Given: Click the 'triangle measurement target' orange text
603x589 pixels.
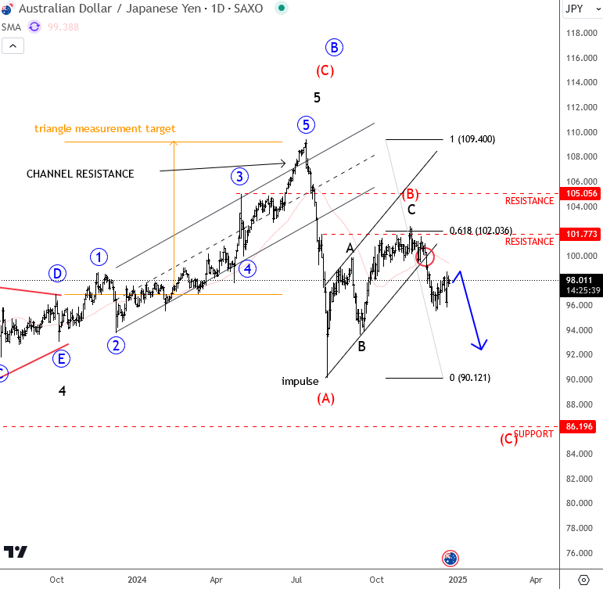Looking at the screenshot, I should click(105, 128).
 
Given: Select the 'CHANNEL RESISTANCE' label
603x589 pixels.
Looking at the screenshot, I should click(80, 174).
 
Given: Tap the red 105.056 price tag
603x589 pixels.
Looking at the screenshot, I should click(580, 193).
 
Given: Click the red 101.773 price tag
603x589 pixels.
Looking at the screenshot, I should click(580, 234).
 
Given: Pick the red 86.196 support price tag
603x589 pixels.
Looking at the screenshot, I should click(580, 427).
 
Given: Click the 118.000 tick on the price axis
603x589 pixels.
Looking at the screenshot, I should click(582, 34).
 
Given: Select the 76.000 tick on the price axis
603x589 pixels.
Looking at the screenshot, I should click(582, 553).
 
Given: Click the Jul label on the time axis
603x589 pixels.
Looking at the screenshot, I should click(296, 580).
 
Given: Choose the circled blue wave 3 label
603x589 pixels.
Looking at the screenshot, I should click(239, 175).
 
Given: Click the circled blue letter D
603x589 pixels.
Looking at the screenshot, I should click(57, 274).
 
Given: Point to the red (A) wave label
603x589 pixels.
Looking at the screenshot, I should click(325, 398).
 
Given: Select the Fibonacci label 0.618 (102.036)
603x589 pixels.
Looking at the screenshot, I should click(481, 231).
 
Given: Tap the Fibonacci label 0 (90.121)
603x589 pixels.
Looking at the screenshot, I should click(469, 378).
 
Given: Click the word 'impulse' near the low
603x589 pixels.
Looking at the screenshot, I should click(300, 382).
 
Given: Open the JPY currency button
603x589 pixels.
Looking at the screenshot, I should click(574, 9).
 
